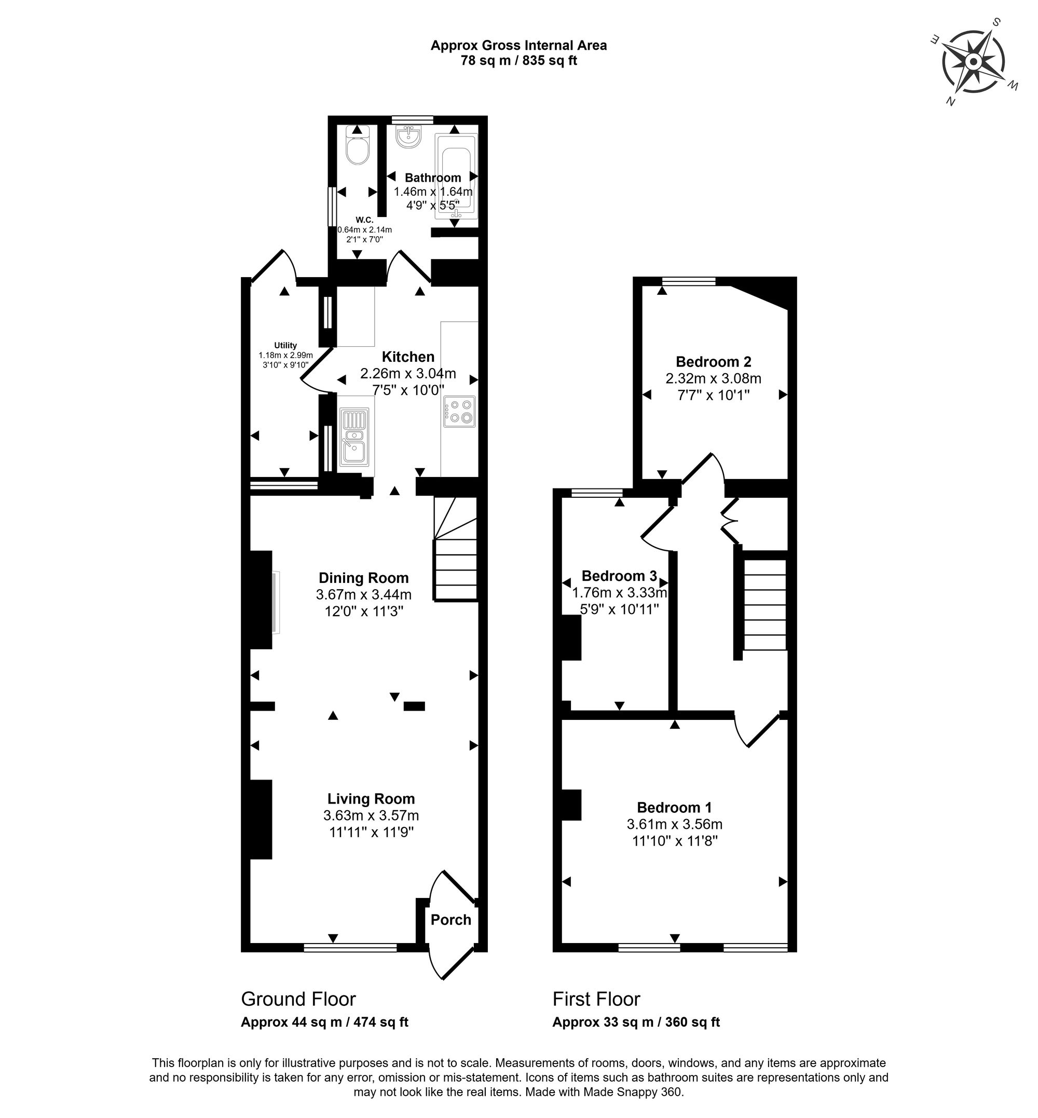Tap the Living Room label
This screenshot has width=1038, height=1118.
click(x=371, y=798)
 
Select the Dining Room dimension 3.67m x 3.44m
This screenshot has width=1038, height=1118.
click(x=363, y=594)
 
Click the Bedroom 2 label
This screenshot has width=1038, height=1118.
click(x=713, y=361)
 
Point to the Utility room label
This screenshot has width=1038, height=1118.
click(x=285, y=345)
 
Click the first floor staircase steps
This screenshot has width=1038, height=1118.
click(x=764, y=605)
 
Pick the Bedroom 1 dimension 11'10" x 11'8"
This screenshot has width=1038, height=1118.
click(x=674, y=841)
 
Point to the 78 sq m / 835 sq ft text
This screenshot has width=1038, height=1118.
click(x=518, y=61)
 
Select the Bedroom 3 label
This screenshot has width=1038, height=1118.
click(x=619, y=575)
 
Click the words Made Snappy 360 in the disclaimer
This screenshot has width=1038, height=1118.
click(x=633, y=1092)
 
